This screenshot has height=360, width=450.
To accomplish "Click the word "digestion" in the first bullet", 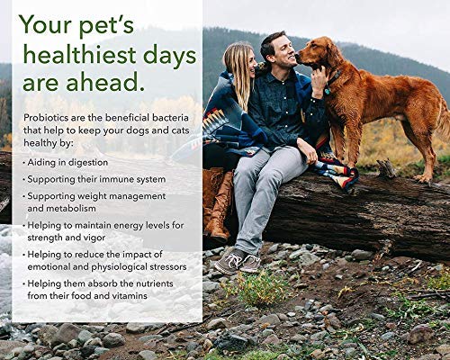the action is pos(88,163).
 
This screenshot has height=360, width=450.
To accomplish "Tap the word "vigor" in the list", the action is pos(94,238).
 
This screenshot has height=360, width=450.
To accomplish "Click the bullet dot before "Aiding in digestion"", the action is pos(24,163).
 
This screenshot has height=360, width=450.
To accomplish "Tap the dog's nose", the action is pos(298,55).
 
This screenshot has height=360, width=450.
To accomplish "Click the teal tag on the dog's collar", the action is pos(327,91).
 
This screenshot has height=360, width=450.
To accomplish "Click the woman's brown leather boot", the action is pos(220,207).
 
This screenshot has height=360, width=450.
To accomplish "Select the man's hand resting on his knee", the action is pos(308,150).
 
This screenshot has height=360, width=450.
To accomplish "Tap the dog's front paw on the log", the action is pos(422,178).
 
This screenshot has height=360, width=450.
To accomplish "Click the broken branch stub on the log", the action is pos(386,168).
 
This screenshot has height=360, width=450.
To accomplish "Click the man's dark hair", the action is pos(273,42).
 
